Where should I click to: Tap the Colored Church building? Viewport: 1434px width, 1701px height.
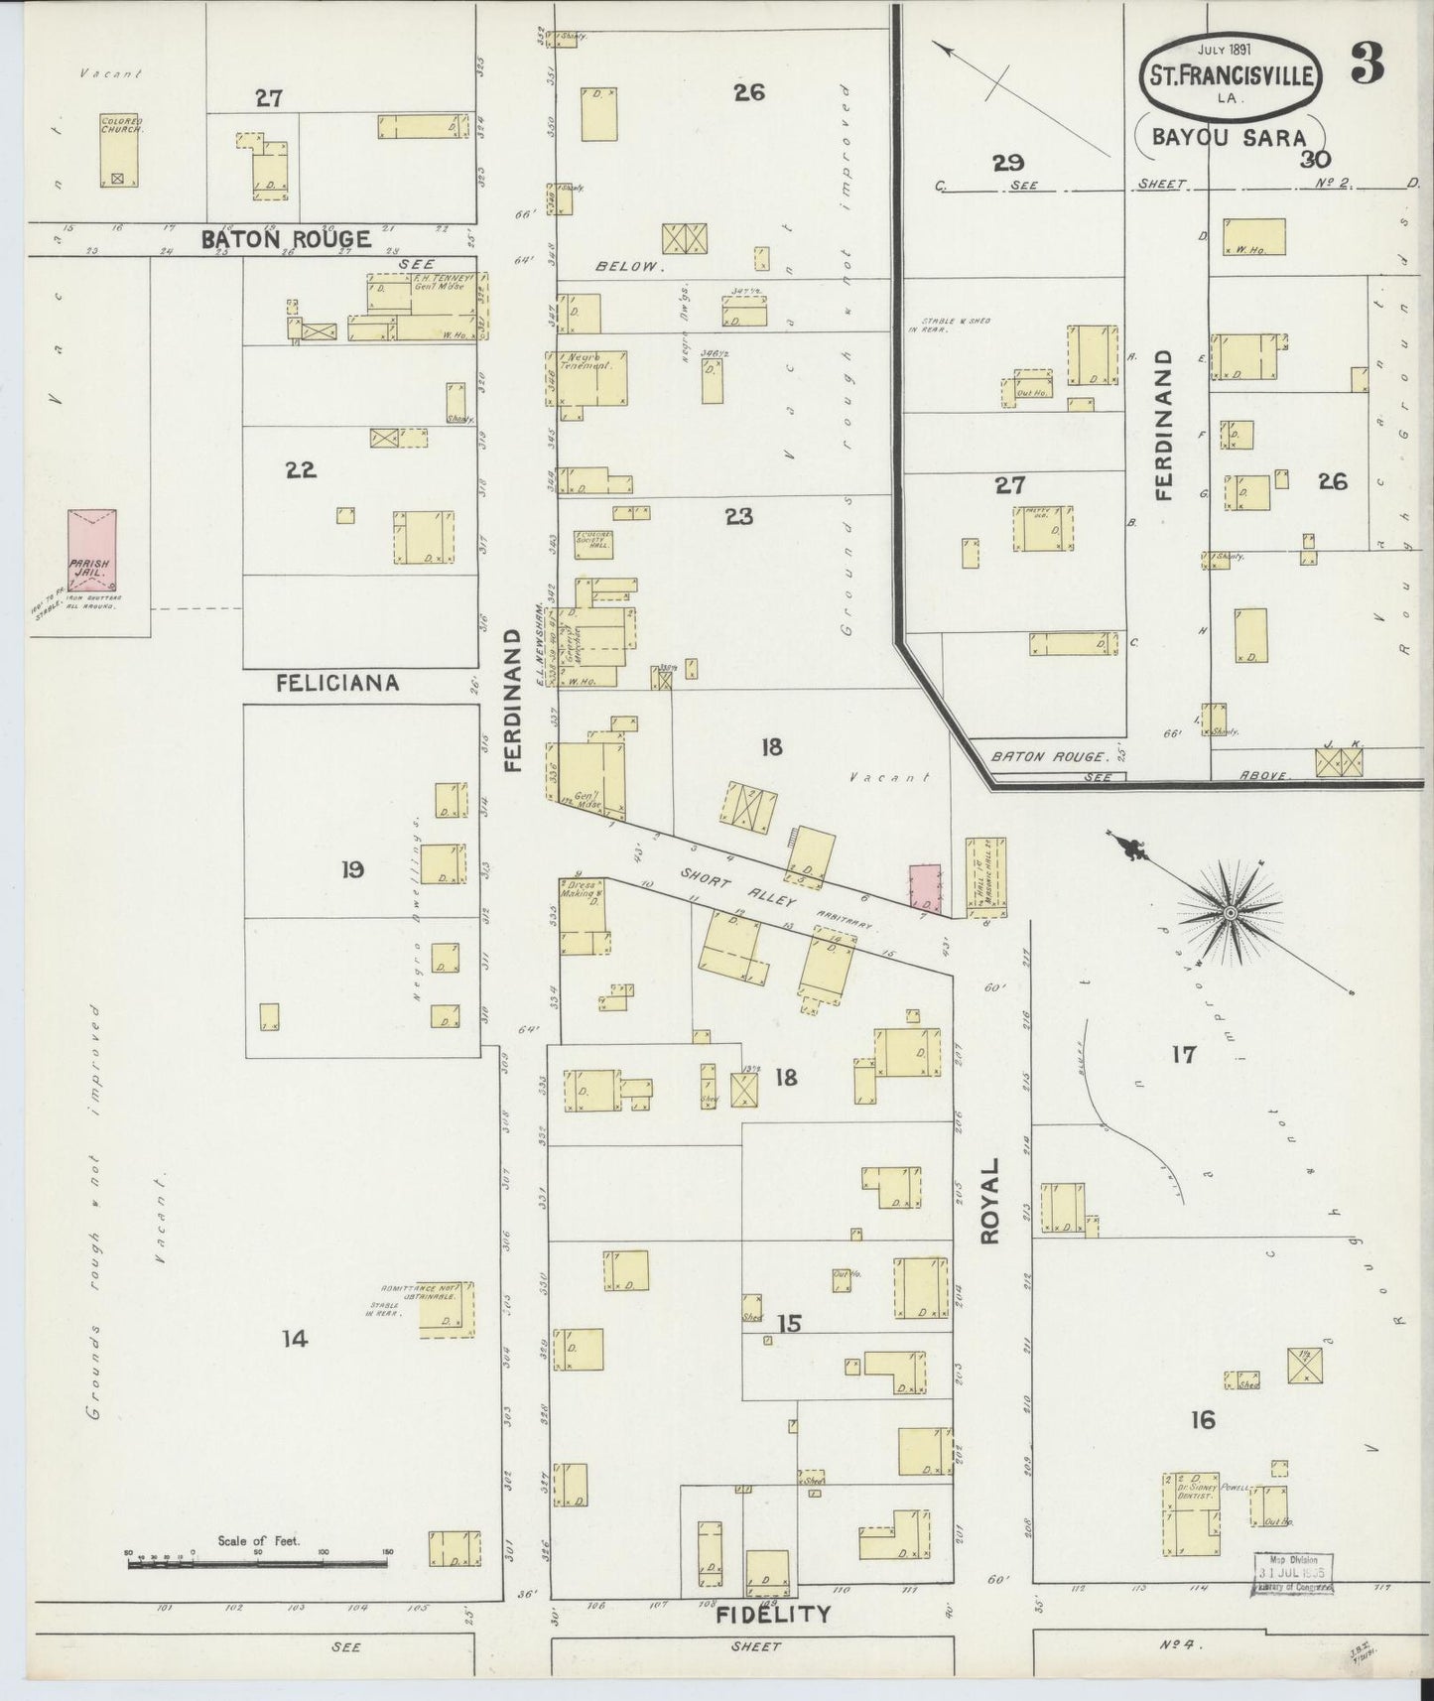coord(119,151)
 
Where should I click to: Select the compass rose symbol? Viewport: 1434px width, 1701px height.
coord(1229,911)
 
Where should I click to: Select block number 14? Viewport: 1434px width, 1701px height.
coord(294,1339)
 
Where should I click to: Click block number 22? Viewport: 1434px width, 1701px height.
coord(301,470)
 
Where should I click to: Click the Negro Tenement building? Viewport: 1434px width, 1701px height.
coord(590,378)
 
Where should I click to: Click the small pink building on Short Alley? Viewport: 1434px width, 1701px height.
coord(925,887)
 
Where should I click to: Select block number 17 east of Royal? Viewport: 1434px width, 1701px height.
coord(1183,1054)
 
